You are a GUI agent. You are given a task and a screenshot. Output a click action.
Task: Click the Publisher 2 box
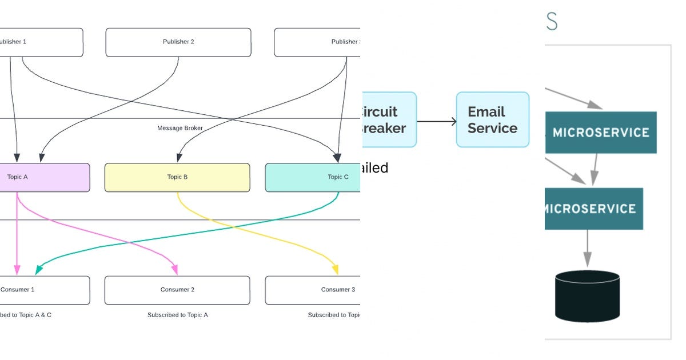coord(178,42)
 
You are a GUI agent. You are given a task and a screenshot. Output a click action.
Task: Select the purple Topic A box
coord(45,177)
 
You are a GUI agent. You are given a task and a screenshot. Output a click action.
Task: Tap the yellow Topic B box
coord(177,177)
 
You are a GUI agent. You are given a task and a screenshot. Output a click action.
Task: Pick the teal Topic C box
coord(313,177)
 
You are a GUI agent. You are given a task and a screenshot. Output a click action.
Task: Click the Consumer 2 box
coord(177,290)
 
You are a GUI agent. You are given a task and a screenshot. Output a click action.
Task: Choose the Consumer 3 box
coord(313,290)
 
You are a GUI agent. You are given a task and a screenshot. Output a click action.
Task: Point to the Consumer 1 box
coord(45,290)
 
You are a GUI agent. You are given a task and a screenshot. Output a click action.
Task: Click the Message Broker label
coord(180,128)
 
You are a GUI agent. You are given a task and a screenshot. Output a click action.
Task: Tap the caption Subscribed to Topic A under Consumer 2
coord(177,315)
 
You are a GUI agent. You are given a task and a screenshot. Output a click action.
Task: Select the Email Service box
coord(492,120)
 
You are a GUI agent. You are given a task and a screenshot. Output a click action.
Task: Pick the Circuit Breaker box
coord(389,120)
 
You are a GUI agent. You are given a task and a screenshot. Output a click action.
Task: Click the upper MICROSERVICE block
coord(600,133)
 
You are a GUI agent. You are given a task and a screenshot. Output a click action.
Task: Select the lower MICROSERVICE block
coord(593,209)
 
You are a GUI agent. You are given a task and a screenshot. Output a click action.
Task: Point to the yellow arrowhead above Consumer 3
coord(336,270)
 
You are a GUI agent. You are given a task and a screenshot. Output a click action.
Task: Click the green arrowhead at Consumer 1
coord(39,270)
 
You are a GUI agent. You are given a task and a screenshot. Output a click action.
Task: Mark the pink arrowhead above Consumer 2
coord(175,270)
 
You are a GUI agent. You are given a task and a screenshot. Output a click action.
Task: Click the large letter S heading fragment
coord(551,22)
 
